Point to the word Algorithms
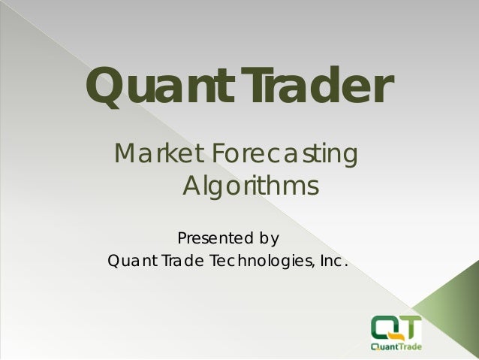252,185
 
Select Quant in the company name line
129,262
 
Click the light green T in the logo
411,325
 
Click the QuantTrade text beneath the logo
396,346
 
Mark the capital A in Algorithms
194,185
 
